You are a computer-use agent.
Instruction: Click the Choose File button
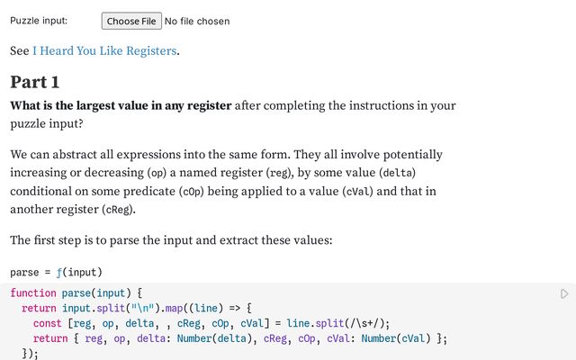(131, 21)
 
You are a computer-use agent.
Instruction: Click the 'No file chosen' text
(197, 22)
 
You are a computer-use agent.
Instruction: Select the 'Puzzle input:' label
(39, 21)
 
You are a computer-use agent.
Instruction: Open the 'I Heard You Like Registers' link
(104, 50)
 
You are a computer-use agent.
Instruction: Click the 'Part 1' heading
(35, 82)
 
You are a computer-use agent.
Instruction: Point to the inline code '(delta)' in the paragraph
(398, 173)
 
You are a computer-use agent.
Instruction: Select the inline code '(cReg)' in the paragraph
(118, 210)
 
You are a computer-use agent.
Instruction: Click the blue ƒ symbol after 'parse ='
(59, 273)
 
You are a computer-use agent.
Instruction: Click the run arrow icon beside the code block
(564, 294)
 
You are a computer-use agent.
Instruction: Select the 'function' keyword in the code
(33, 293)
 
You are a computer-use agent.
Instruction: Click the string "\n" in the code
(143, 308)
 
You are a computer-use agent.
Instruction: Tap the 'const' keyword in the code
(48, 324)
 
